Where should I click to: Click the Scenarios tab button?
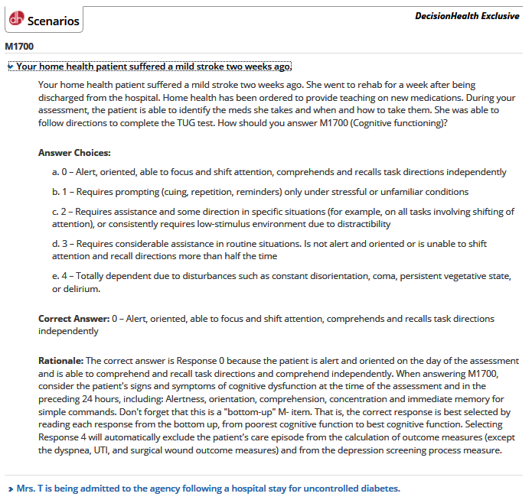[44, 21]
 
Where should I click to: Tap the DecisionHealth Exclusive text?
[466, 16]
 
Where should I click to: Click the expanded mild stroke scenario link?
[153, 67]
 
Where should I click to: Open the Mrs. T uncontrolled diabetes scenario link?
[207, 488]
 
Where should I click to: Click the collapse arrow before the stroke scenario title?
[10, 67]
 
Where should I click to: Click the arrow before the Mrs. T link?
[10, 488]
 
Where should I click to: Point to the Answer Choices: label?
[74, 153]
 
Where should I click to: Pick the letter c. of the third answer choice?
[56, 212]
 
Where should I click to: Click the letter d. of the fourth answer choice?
[56, 244]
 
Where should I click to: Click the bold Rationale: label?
[60, 360]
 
